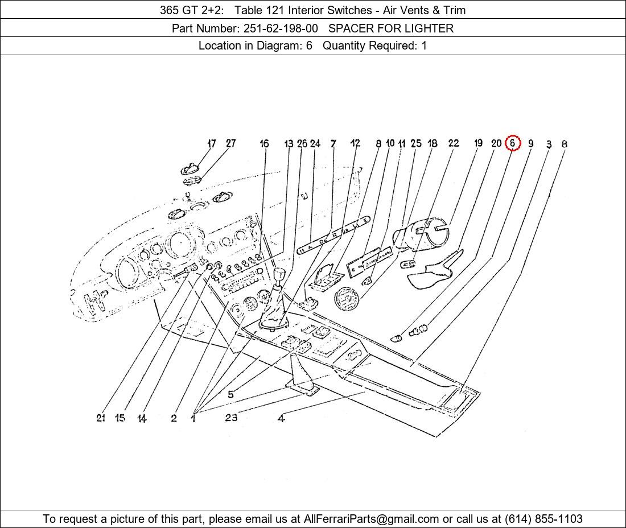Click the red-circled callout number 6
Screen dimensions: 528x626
(512, 143)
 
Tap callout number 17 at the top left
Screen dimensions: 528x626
(211, 143)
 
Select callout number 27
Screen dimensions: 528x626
(230, 143)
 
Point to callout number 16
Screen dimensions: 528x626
(264, 143)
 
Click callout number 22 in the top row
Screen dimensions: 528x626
(453, 143)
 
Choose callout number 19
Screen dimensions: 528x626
(478, 143)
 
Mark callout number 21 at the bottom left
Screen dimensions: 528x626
(101, 418)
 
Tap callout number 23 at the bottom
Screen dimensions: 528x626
(230, 418)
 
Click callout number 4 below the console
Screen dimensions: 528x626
(281, 419)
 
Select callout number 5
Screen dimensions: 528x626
(230, 394)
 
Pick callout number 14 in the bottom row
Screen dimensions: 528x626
(142, 419)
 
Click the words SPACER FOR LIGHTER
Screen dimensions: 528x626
(391, 28)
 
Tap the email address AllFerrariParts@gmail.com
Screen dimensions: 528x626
(371, 519)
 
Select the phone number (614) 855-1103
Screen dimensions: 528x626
(543, 519)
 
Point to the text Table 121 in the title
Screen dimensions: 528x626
(256, 10)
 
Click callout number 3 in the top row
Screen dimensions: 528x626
(549, 145)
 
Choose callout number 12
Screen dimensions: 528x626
(355, 143)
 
